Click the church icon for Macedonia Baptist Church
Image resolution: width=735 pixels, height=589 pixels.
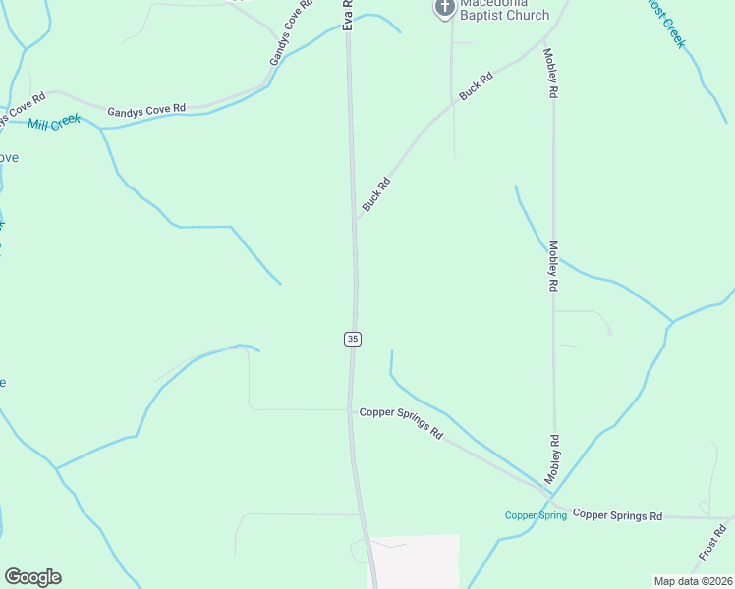444,8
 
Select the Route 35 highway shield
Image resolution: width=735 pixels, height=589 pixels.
353,339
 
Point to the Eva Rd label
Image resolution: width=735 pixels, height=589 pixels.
348,14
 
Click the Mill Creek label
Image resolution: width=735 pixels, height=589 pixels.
54,123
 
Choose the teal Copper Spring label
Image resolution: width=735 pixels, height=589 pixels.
536,515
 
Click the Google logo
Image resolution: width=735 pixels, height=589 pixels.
32,577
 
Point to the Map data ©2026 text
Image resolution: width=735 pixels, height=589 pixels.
692,581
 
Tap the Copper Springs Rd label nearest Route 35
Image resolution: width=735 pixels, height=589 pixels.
401,423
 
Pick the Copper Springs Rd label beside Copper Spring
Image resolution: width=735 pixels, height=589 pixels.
617,515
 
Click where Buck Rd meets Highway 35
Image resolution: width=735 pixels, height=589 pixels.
356,218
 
